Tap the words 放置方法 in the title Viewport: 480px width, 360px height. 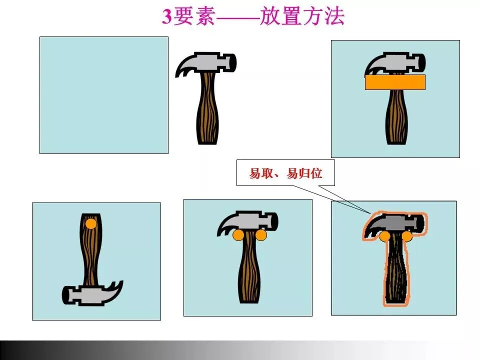click(x=302, y=16)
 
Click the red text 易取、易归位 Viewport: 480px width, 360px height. click(x=285, y=173)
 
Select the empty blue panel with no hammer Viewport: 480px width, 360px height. click(x=104, y=95)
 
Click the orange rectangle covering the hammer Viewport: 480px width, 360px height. click(x=395, y=82)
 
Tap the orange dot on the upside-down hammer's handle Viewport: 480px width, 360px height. click(x=91, y=224)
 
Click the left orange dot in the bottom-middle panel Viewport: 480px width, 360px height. click(x=238, y=235)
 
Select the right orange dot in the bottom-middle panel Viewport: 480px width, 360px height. click(x=261, y=235)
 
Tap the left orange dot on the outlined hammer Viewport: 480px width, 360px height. click(x=384, y=236)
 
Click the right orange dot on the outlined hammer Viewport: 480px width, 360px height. click(x=407, y=236)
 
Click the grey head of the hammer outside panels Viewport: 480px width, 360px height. click(x=211, y=62)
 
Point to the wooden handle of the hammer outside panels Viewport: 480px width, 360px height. click(x=207, y=108)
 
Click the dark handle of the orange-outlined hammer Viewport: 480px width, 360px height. click(x=396, y=269)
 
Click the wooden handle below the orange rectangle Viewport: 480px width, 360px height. click(x=396, y=117)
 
